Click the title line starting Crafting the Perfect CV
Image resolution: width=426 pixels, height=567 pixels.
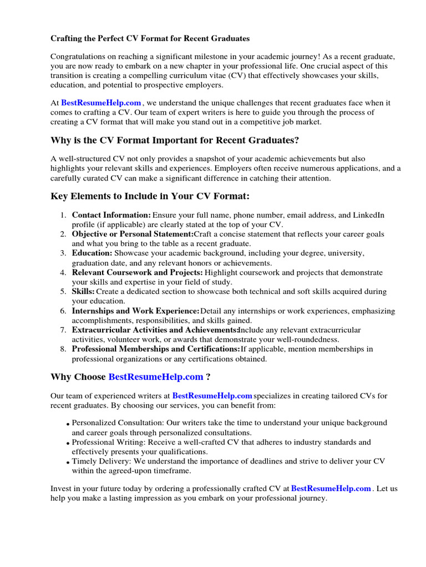click(150, 39)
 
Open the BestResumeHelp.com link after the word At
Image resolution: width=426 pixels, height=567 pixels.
click(101, 103)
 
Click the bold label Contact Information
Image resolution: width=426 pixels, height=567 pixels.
click(111, 215)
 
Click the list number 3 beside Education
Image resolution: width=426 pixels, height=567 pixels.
click(63, 253)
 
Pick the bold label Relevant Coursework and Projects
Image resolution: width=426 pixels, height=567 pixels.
click(137, 272)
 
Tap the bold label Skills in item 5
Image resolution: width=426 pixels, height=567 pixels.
click(83, 291)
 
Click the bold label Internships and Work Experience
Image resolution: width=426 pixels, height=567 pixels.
click(135, 311)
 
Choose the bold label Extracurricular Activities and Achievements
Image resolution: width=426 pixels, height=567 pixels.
click(155, 329)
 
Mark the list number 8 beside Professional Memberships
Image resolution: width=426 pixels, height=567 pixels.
click(63, 349)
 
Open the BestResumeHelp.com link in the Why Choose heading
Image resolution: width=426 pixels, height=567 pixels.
click(156, 377)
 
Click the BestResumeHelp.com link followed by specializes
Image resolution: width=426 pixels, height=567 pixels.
click(212, 396)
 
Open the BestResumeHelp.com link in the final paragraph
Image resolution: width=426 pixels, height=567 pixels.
click(331, 488)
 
